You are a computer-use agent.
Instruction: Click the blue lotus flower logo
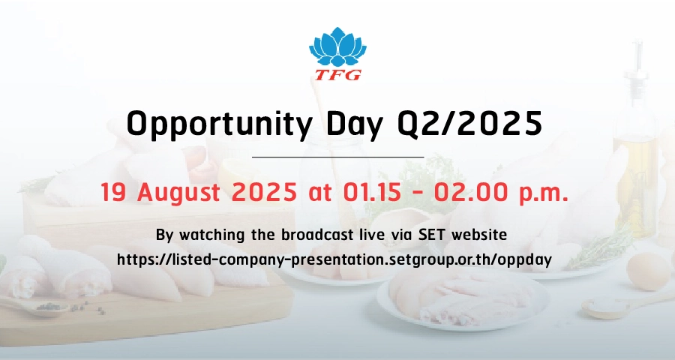pyautogui.click(x=337, y=47)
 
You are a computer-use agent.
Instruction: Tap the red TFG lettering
pyautogui.click(x=338, y=75)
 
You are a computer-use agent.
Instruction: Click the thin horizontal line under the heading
pyautogui.click(x=338, y=157)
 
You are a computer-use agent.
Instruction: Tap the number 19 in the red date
pyautogui.click(x=113, y=192)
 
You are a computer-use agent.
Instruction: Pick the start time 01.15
pyautogui.click(x=372, y=192)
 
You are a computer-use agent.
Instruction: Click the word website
pyautogui.click(x=479, y=235)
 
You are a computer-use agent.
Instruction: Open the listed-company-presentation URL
pyautogui.click(x=334, y=259)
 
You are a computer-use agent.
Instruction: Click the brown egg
pyautogui.click(x=648, y=271)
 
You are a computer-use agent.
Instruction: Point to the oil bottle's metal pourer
pyautogui.click(x=636, y=64)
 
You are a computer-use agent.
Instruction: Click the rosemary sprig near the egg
pyautogui.click(x=603, y=250)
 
